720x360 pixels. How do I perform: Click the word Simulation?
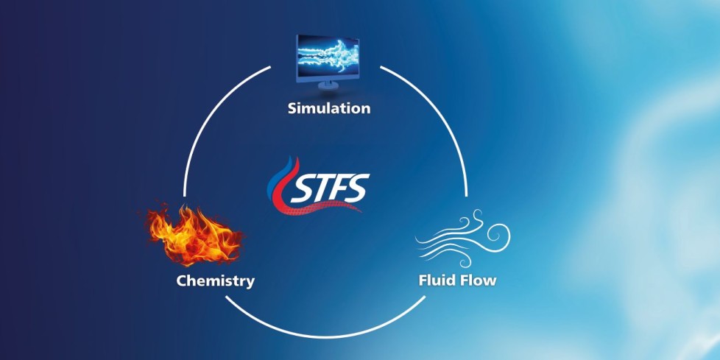pyautogui.click(x=329, y=108)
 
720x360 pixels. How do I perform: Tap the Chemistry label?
pyautogui.click(x=216, y=280)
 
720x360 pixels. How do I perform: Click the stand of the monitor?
pyautogui.click(x=328, y=85)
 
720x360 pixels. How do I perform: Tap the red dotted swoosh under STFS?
pyautogui.click(x=322, y=209)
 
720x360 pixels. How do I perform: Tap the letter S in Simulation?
pyautogui.click(x=293, y=108)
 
